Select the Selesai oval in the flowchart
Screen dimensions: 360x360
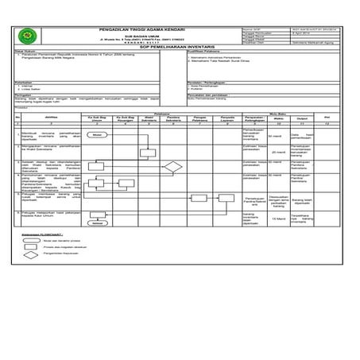pyautogui.click(x=98, y=223)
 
